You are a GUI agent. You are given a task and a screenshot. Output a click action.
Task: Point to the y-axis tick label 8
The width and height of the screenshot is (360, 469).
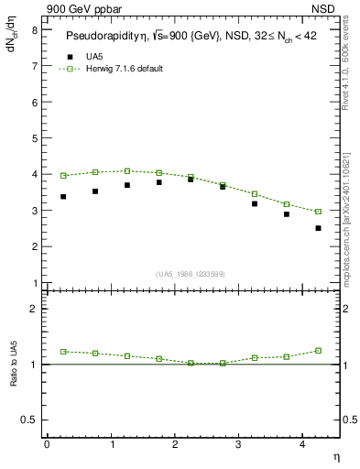(x=34, y=29)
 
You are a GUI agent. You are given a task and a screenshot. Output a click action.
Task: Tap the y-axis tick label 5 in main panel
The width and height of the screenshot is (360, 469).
(x=34, y=138)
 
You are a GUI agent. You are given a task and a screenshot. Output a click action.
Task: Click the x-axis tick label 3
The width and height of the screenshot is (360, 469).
(x=238, y=444)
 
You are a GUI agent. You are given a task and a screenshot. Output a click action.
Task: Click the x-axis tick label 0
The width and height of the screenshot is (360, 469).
(x=47, y=444)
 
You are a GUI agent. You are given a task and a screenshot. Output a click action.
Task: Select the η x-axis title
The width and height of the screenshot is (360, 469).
(x=335, y=455)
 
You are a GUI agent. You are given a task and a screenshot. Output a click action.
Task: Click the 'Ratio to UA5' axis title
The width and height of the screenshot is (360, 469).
(x=14, y=376)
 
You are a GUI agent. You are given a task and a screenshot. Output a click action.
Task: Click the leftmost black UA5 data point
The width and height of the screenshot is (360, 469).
(x=63, y=196)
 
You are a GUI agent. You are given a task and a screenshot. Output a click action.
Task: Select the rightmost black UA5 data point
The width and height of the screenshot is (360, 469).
(x=318, y=228)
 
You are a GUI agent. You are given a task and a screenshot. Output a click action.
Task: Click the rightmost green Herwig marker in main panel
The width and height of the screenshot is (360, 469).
(x=318, y=212)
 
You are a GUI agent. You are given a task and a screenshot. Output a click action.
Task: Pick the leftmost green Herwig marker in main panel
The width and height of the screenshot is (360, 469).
(x=63, y=175)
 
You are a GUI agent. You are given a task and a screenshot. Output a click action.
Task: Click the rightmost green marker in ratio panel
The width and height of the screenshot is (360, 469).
(x=318, y=350)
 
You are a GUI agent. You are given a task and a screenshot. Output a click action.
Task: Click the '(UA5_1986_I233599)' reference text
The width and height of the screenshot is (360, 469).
(x=191, y=274)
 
